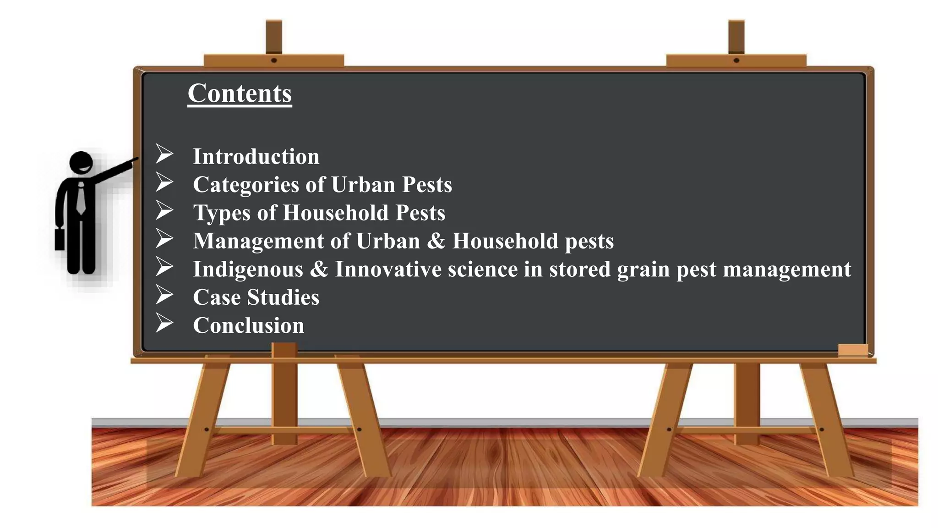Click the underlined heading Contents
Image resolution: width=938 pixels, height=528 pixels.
click(x=240, y=93)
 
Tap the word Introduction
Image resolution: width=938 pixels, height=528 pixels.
click(x=256, y=157)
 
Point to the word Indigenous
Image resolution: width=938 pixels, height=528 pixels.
click(x=248, y=269)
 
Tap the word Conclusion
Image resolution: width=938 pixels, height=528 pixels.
click(x=249, y=325)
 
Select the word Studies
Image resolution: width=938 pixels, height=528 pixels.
click(x=283, y=297)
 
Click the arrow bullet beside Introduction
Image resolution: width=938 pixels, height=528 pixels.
click(x=164, y=154)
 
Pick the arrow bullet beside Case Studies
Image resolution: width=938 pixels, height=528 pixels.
click(x=164, y=295)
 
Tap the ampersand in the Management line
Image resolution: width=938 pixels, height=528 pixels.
click(x=436, y=241)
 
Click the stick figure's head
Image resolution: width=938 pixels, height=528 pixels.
click(x=82, y=163)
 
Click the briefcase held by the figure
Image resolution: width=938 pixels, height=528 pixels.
click(x=60, y=238)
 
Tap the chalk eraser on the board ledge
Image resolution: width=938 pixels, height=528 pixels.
click(x=853, y=350)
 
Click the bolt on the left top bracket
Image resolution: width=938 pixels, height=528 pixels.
click(x=274, y=60)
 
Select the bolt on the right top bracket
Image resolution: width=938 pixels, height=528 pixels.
click(x=736, y=60)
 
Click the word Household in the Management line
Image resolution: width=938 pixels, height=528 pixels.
click(x=505, y=241)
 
